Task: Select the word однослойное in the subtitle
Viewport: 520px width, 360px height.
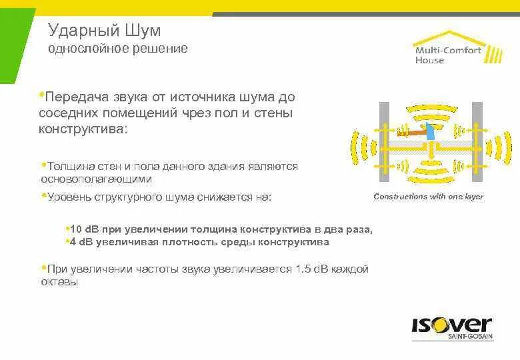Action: click(x=79, y=49)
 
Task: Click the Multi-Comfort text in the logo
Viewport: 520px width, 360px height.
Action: click(x=447, y=51)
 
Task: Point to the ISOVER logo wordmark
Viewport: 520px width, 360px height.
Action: click(x=451, y=327)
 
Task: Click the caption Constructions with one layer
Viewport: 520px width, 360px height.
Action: click(x=429, y=197)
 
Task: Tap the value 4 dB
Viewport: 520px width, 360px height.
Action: click(x=81, y=242)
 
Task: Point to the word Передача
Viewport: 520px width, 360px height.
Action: click(x=72, y=97)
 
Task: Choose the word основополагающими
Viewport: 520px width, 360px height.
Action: click(x=96, y=179)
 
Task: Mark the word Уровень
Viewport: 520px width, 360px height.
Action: click(x=67, y=197)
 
